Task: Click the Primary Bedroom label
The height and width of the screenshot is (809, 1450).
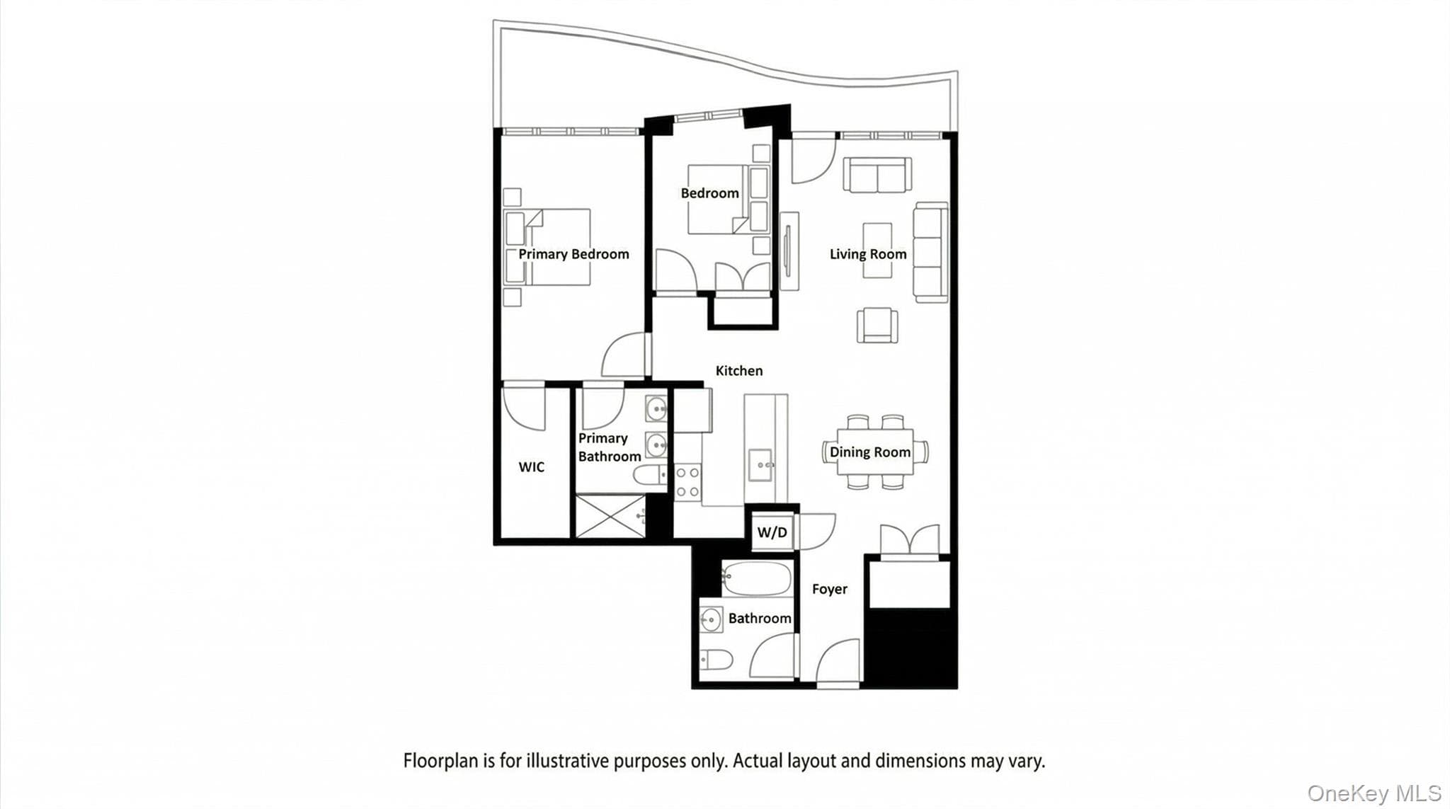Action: [x=573, y=254]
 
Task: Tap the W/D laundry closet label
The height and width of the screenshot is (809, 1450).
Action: [x=772, y=532]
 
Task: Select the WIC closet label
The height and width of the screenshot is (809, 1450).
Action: [x=532, y=467]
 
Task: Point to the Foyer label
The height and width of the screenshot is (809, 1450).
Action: [x=830, y=589]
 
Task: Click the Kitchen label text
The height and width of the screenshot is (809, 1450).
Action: [x=739, y=371]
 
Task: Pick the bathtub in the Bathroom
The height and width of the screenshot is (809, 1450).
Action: [x=756, y=579]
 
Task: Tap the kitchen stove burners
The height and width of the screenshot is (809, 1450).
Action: [x=687, y=482]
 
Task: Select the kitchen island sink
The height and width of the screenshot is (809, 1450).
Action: [x=761, y=465]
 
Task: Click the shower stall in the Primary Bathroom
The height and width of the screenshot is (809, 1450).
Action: [x=610, y=516]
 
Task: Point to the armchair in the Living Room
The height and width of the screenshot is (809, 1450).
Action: [x=877, y=326]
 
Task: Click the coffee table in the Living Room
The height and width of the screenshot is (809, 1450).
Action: [x=877, y=250]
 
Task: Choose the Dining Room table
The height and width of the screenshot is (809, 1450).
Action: [x=875, y=452]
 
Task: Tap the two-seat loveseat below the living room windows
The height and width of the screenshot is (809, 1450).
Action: [x=877, y=175]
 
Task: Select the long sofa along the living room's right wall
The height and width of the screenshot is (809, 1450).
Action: [x=930, y=252]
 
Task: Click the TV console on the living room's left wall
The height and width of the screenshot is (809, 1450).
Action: [x=789, y=251]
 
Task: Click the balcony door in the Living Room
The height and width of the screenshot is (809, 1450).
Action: [x=814, y=160]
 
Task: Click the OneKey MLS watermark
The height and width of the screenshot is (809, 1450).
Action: [x=1374, y=793]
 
